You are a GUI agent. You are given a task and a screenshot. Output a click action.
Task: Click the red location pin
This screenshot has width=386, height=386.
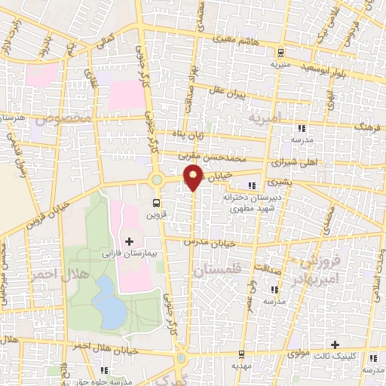194,177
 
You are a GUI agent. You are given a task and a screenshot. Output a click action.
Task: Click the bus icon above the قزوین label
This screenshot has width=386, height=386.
157,203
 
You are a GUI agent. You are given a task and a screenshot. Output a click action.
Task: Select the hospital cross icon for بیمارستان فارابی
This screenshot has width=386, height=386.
128,241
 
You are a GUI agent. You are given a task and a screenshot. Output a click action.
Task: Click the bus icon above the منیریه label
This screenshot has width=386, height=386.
280,54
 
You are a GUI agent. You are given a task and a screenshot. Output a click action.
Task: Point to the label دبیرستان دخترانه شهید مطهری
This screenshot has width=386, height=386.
243,202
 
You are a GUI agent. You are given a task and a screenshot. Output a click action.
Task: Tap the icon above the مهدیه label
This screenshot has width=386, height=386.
239,354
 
